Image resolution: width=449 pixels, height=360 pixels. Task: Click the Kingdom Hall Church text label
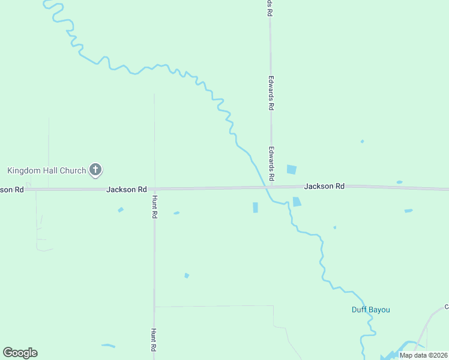[x=47, y=170]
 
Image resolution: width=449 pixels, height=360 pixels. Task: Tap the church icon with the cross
[x=95, y=170]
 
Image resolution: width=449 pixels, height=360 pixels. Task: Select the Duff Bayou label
[x=370, y=310]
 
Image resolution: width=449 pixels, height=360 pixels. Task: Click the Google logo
[x=20, y=353]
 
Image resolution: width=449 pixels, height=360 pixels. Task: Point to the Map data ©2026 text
[x=423, y=355]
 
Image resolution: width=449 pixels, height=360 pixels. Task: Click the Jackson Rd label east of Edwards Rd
[x=324, y=186]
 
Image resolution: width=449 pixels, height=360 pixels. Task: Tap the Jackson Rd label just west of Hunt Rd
[x=126, y=189]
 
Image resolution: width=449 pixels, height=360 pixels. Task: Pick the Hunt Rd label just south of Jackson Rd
[x=154, y=206]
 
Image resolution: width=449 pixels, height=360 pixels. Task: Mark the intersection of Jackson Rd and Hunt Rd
[x=154, y=189]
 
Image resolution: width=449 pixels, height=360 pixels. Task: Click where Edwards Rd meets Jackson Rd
[x=271, y=187]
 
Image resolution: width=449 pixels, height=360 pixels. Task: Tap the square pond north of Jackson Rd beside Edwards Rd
[x=292, y=169]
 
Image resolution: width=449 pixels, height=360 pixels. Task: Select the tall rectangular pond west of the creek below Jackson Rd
[x=255, y=208]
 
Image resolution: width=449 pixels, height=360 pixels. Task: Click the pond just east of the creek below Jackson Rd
[x=297, y=202]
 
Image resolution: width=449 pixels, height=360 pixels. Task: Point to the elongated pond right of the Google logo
[x=108, y=346]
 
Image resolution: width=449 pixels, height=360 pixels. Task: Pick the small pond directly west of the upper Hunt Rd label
[x=121, y=209]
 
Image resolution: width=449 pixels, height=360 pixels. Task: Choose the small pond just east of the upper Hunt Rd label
[x=176, y=212]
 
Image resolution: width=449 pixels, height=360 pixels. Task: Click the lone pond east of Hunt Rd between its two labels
[x=187, y=275]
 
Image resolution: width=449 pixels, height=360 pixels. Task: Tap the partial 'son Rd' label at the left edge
[x=11, y=189]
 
